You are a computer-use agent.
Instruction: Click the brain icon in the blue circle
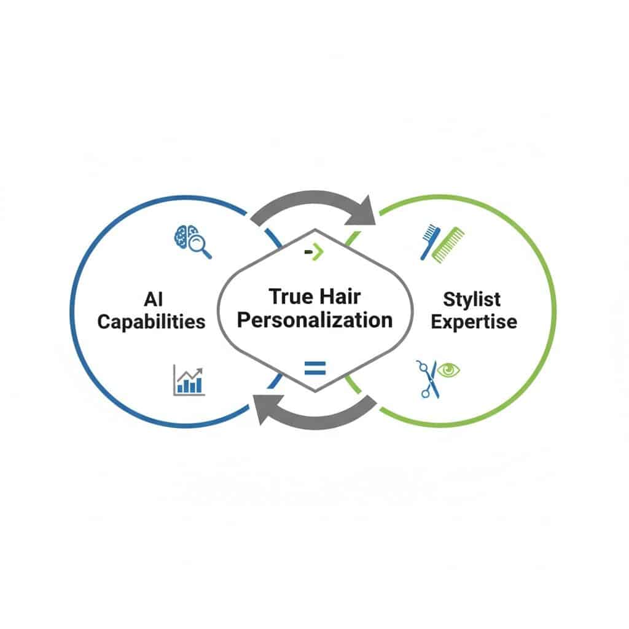(x=186, y=236)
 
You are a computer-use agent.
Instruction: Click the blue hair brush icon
(x=430, y=241)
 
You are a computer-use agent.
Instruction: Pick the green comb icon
(x=448, y=244)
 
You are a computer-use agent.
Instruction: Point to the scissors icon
(x=428, y=379)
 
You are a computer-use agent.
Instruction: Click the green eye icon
(x=448, y=369)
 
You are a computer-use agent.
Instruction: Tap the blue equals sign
(x=315, y=368)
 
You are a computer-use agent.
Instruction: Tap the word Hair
(x=340, y=297)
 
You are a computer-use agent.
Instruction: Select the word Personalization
(x=315, y=321)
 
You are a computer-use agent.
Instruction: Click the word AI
(x=153, y=299)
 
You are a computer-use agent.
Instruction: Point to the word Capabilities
(x=151, y=322)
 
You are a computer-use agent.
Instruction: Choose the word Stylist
(x=472, y=300)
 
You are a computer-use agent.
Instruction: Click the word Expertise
(x=474, y=322)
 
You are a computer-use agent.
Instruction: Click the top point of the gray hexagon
(x=315, y=230)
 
